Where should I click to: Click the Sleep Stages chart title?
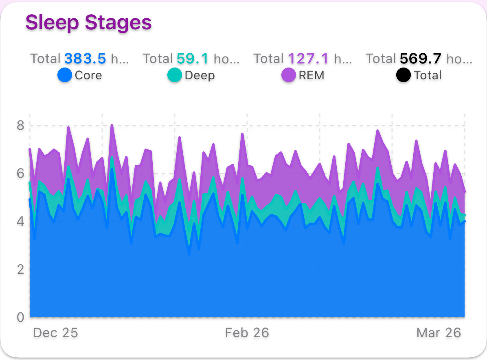coord(88,22)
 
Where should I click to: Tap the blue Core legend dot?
coord(65,75)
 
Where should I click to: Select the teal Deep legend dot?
coord(175,75)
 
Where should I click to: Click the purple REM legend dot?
coord(289,75)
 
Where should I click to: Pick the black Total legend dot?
coord(404,75)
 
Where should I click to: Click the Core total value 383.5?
coord(85,59)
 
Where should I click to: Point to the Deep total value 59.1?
coord(193,59)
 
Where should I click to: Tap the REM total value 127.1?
coord(308,59)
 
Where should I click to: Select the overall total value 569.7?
coord(421,59)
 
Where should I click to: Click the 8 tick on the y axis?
coord(20,125)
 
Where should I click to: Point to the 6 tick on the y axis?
coord(20,173)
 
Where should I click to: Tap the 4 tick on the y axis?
coord(20,221)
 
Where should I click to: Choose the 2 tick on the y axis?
coord(20,269)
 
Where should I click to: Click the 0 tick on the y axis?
coord(20,317)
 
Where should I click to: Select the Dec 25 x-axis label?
coord(55,333)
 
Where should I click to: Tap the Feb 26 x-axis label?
coord(247,333)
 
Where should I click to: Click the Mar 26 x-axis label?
coord(439,333)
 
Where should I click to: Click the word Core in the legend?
coord(88,75)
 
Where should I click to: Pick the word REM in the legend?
coord(312,75)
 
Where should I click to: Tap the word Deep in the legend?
coord(200,75)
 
